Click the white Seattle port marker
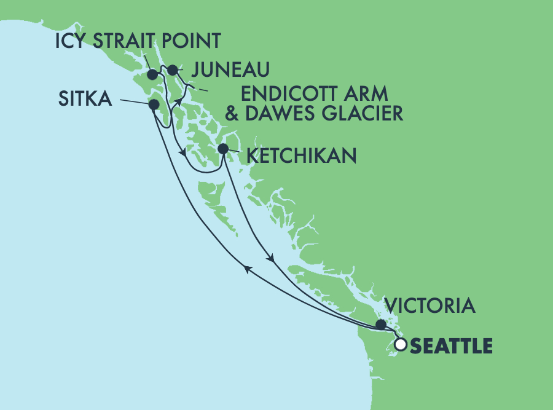[x=401, y=345]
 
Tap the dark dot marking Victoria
[x=381, y=325]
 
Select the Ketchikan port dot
[x=224, y=148]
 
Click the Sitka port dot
[x=154, y=105]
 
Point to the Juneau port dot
[x=173, y=69]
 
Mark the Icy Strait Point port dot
[x=153, y=75]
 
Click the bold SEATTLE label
[x=451, y=346]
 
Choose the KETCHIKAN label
[x=301, y=156]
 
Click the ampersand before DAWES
[x=249, y=113]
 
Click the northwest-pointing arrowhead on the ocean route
[x=247, y=268]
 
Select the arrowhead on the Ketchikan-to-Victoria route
[x=270, y=258]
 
